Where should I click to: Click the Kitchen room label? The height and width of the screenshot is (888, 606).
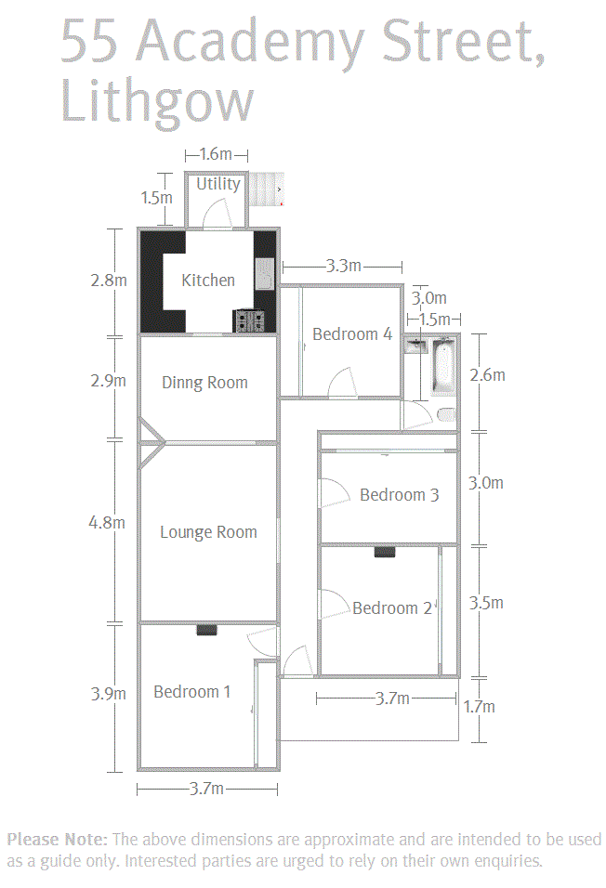click(208, 281)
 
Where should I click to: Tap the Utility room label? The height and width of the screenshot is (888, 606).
click(218, 184)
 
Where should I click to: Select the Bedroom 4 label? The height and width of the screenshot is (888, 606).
click(352, 334)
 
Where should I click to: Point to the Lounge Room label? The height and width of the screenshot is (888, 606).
click(208, 532)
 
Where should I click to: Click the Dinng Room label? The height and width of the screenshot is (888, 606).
click(204, 383)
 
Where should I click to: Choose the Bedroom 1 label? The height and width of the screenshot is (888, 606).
click(192, 691)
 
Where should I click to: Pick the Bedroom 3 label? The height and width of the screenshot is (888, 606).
click(399, 495)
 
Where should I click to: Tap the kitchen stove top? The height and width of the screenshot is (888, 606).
click(249, 321)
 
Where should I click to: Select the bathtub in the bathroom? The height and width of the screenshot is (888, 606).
click(442, 366)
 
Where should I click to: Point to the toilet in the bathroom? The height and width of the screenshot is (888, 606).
click(447, 415)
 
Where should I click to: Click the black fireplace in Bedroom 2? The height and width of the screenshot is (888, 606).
click(385, 552)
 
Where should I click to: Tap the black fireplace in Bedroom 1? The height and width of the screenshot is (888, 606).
click(207, 629)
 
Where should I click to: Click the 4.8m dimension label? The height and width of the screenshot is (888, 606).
click(107, 522)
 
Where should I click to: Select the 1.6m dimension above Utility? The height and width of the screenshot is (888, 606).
click(216, 154)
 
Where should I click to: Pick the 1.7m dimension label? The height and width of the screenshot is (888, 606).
click(479, 707)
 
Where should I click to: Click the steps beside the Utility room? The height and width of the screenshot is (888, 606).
click(266, 189)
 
